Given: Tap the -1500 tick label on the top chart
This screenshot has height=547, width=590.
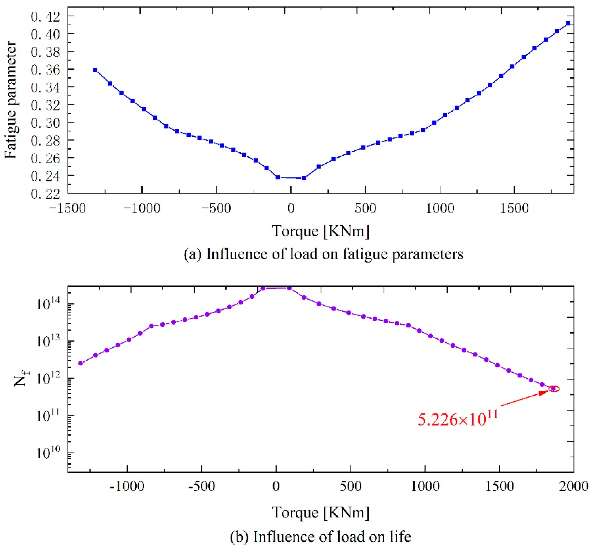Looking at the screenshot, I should pyautogui.click(x=68, y=208).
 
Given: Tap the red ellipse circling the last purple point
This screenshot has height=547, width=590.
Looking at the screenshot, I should pyautogui.click(x=553, y=389).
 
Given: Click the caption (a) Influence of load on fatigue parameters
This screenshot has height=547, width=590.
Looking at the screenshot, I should pyautogui.click(x=323, y=254).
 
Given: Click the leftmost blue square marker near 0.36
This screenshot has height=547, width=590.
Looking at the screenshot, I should pyautogui.click(x=95, y=70).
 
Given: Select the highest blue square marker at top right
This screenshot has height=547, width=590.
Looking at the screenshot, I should pyautogui.click(x=568, y=23).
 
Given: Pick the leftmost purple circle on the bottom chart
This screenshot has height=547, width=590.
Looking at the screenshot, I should pyautogui.click(x=80, y=363).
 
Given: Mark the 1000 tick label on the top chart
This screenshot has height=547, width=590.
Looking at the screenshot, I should pyautogui.click(x=440, y=208).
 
